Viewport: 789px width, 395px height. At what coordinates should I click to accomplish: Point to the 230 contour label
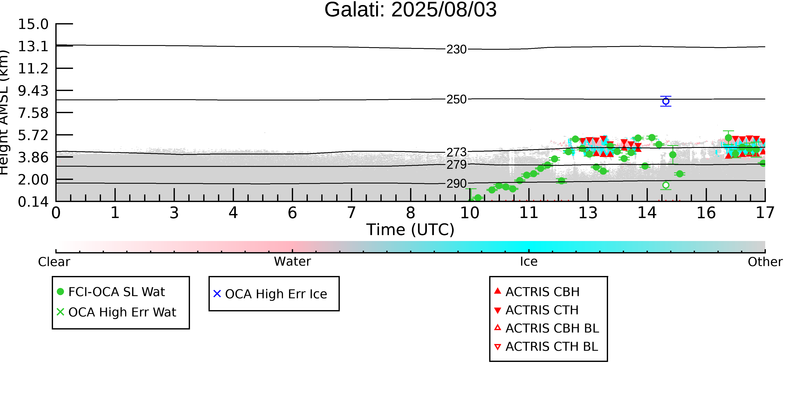[x=456, y=49]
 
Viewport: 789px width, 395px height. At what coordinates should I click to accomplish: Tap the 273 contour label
[x=456, y=152]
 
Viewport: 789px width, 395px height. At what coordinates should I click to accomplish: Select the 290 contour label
[x=456, y=183]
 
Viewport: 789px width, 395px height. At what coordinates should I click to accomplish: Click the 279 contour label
[x=456, y=165]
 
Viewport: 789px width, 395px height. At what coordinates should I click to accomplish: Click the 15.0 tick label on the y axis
[x=33, y=24]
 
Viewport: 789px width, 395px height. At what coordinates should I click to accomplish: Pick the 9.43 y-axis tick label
[x=33, y=91]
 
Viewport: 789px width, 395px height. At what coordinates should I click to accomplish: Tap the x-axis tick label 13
[x=588, y=213]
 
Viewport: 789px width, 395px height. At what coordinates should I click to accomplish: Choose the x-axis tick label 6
[x=292, y=213]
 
